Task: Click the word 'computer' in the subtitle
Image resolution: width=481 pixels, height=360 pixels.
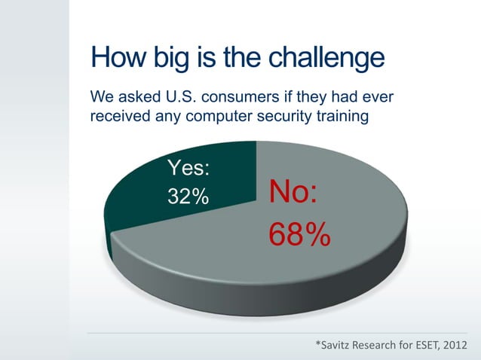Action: [x=210, y=117]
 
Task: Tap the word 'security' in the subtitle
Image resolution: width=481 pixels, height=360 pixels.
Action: [x=277, y=117]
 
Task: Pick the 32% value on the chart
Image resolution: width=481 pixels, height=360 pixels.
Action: [x=188, y=197]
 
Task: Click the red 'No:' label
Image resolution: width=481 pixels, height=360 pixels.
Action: [x=294, y=192]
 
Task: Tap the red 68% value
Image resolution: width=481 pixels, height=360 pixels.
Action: [x=300, y=235]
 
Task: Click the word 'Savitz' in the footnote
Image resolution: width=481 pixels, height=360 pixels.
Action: [x=337, y=346]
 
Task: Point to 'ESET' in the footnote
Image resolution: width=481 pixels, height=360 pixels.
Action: [x=425, y=346]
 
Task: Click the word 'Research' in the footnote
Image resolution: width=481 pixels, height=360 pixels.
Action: [x=379, y=346]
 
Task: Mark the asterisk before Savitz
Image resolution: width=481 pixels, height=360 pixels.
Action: [x=318, y=344]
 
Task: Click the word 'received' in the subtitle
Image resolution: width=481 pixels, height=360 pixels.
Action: [x=117, y=117]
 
